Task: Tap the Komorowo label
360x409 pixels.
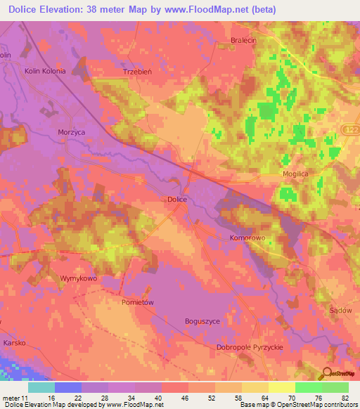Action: tap(247, 238)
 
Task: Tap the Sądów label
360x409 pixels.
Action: tap(340, 310)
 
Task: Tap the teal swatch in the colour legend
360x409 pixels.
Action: tap(41, 387)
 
